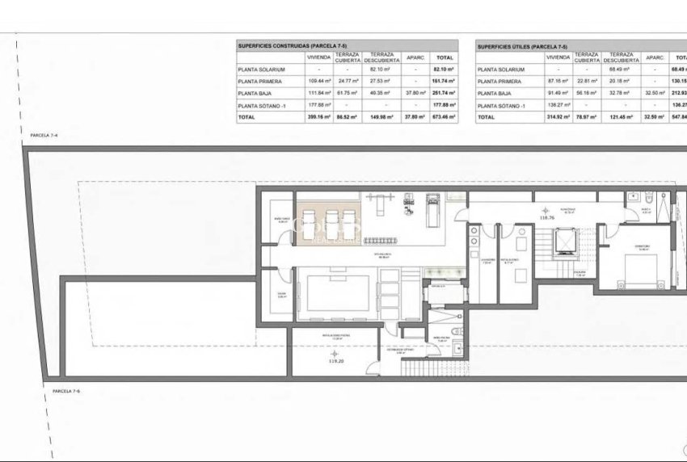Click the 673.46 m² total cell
(445, 117)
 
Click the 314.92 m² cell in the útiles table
(558, 117)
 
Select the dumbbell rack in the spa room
(386, 240)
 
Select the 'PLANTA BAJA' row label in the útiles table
(495, 94)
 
